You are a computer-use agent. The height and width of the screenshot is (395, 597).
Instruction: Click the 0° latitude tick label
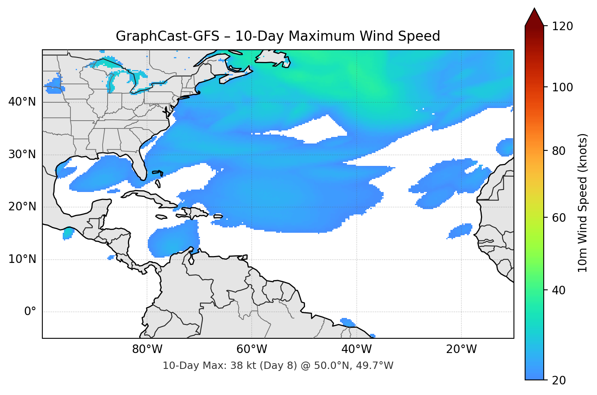coord(30,312)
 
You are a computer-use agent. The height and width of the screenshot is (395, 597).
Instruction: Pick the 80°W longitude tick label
coord(147,349)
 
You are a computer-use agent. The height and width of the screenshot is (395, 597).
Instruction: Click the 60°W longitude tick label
coord(252,349)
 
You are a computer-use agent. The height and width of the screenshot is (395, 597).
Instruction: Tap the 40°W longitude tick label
coord(356,349)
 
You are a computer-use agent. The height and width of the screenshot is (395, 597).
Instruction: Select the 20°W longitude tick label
coord(461,349)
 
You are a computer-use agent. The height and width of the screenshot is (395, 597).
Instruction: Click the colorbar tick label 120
coord(562,26)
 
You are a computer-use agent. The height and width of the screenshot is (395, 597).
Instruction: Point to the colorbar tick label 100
coord(562,87)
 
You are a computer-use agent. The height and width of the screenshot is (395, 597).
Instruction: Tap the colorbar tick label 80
coord(559,151)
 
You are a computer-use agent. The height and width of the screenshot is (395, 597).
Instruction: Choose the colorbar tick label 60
coord(559,218)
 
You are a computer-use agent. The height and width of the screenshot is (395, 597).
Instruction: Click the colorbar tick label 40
coord(559,290)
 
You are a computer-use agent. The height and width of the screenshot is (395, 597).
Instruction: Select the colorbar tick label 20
coord(559,380)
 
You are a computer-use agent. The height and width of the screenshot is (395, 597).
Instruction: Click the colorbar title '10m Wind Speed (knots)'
coord(583,203)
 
